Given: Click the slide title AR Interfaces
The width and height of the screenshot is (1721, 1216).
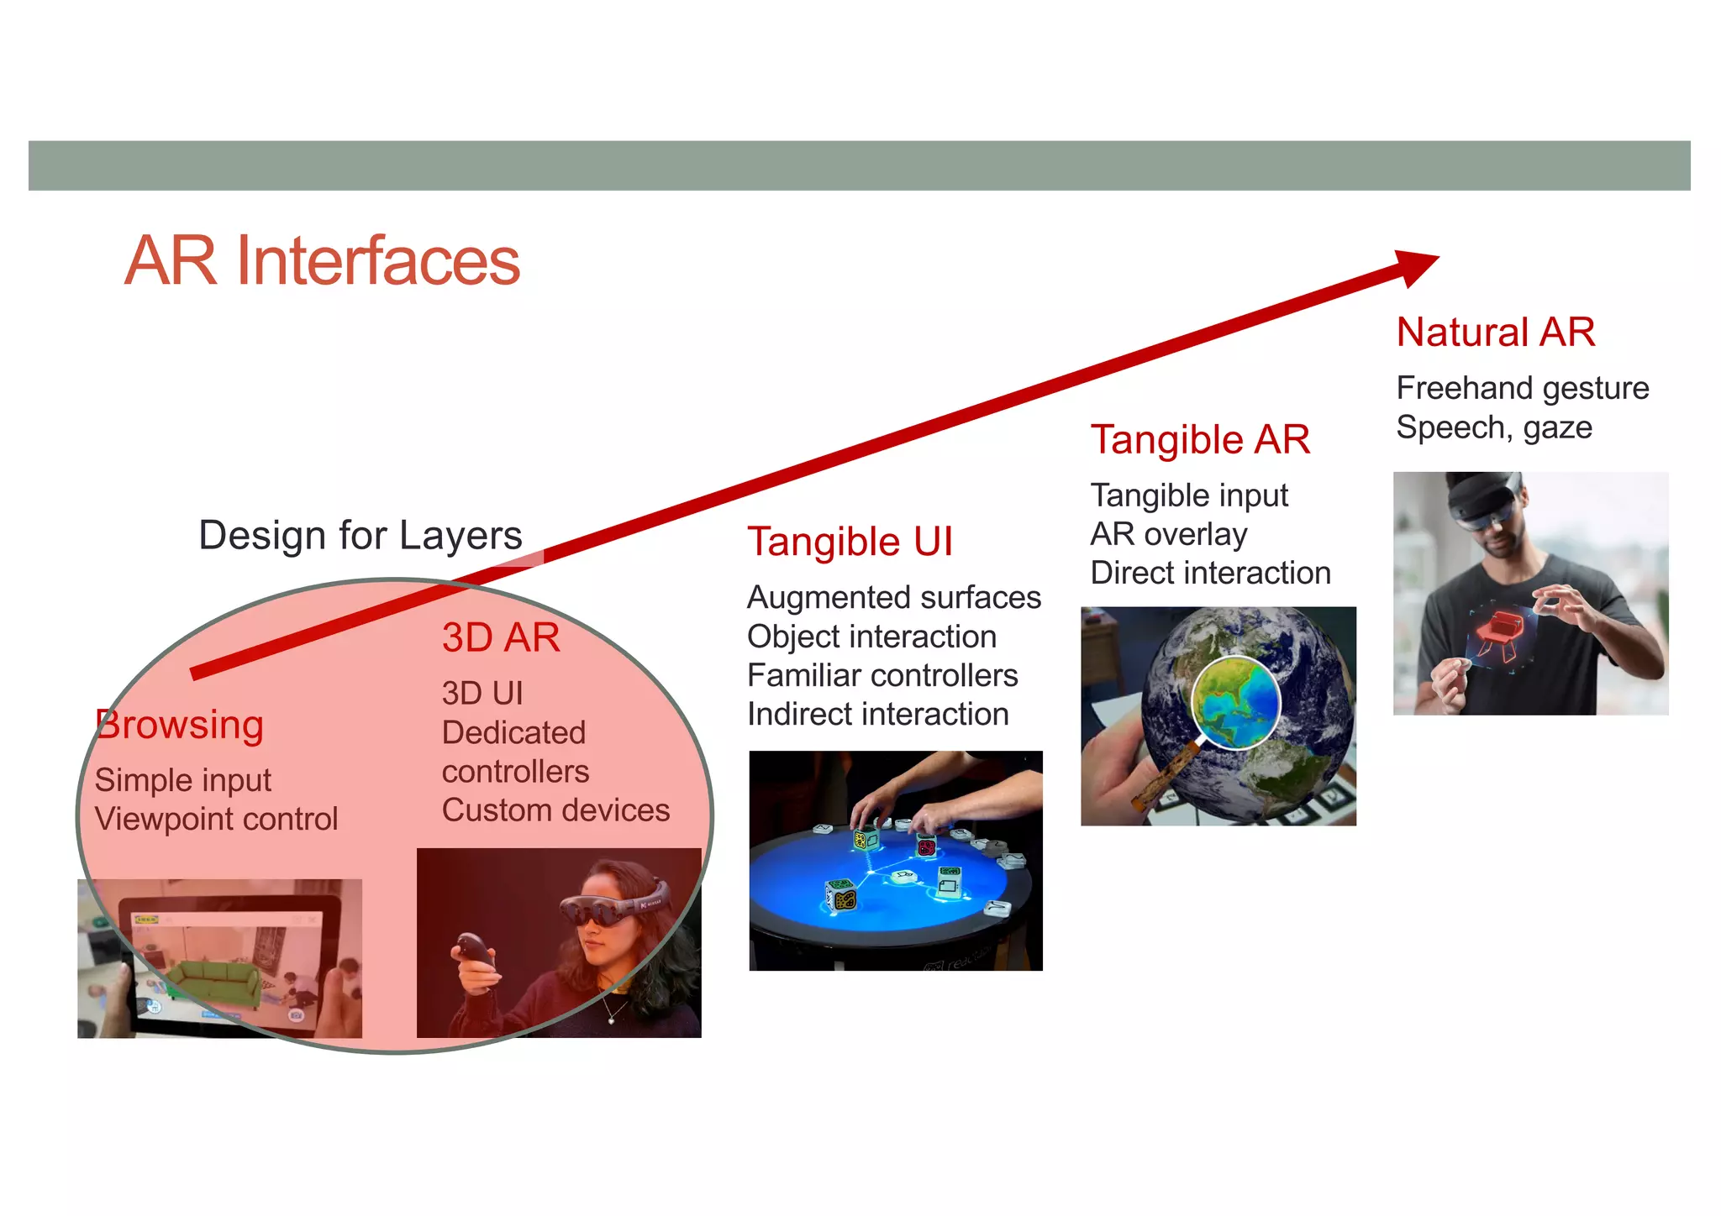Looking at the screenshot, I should click(323, 261).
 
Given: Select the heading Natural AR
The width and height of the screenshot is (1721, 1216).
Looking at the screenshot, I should click(1495, 332).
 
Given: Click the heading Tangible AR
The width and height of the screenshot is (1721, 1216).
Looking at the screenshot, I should click(1200, 440).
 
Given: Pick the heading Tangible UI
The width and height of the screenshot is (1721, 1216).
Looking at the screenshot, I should click(850, 542).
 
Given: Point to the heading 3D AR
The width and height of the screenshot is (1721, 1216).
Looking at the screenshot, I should click(501, 637).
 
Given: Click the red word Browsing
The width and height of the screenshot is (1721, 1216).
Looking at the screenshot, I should click(180, 725).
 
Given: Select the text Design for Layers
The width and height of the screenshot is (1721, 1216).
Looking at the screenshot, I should click(360, 535).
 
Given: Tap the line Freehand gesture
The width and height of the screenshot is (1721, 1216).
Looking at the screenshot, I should click(1522, 388).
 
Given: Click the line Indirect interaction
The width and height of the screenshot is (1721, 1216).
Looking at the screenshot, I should click(877, 715).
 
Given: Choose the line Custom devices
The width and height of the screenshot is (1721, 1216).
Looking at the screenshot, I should click(555, 810).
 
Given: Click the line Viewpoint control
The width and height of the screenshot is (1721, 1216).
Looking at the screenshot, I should click(216, 819).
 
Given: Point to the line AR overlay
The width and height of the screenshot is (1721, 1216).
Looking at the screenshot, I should click(1168, 534).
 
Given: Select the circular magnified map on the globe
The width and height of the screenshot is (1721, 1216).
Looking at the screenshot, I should click(1235, 702).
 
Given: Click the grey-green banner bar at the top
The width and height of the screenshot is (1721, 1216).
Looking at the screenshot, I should click(859, 165).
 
